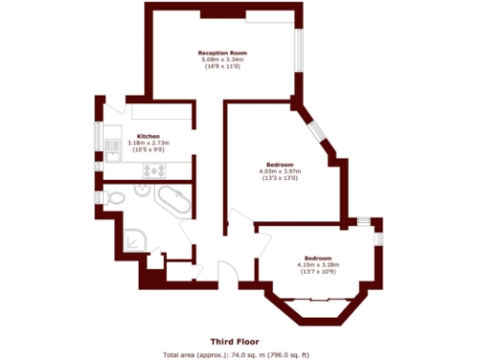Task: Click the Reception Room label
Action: click(x=221, y=52)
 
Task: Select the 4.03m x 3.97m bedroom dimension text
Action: click(x=278, y=171)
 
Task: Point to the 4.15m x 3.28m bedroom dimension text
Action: click(x=320, y=265)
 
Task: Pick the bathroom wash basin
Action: click(x=142, y=187)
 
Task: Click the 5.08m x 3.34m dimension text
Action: click(x=221, y=59)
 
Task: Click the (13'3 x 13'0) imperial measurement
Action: click(x=278, y=178)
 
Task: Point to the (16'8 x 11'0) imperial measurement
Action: click(x=221, y=67)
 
